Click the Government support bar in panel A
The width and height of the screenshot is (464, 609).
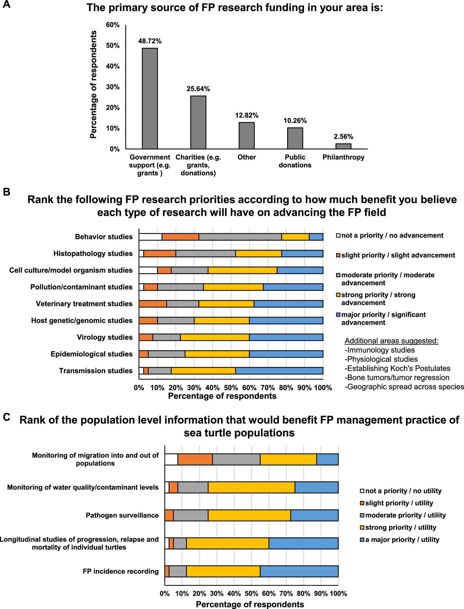point(150,98)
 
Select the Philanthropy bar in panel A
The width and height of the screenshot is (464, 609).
point(343,146)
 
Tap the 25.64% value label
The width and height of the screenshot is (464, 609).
point(198,89)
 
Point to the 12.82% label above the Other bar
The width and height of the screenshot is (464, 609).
point(246,115)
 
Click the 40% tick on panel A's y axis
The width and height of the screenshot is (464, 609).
point(113,66)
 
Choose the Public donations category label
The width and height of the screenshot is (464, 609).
point(295,161)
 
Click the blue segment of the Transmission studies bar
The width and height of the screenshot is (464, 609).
point(279,371)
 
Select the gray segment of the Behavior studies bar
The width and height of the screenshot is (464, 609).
point(240,237)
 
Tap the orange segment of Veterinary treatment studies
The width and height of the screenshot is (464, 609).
point(153,304)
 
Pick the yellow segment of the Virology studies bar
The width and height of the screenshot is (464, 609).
point(215,337)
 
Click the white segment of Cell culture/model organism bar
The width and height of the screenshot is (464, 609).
point(148,270)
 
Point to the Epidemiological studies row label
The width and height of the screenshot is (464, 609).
point(91,354)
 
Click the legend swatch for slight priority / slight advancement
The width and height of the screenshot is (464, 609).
point(338,255)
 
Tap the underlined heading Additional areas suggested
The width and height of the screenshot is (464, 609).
point(391,341)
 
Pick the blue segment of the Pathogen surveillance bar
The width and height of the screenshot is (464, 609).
point(314,515)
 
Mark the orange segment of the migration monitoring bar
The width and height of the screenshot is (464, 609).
point(195,459)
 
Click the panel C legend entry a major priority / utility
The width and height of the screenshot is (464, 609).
point(402,540)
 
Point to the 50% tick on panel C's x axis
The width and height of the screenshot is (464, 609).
point(251,594)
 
